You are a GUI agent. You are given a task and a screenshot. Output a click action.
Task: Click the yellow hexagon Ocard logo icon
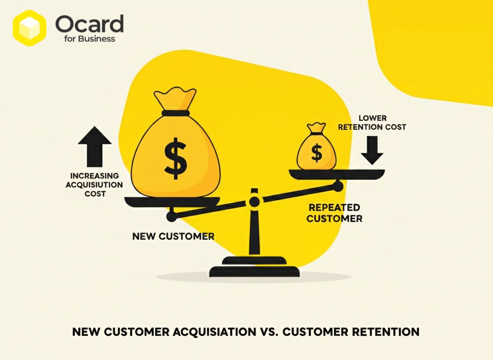[x=30, y=28]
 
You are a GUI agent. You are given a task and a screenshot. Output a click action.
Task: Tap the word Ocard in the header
[x=89, y=24]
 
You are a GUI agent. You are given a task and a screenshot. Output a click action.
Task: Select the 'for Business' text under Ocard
[x=89, y=39]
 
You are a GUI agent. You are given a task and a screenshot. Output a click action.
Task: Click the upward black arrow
[x=95, y=147]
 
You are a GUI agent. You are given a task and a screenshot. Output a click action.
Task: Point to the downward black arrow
[x=372, y=150]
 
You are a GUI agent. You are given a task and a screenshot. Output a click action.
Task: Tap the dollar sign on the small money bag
[x=316, y=152]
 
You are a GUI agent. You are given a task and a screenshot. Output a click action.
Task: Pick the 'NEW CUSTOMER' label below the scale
[x=173, y=236]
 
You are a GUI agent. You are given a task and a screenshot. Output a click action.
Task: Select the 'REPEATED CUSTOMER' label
[x=334, y=213]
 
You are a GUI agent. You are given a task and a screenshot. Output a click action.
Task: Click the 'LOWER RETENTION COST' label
[x=372, y=123]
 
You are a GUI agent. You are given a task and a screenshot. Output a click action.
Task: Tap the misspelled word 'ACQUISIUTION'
[x=95, y=185]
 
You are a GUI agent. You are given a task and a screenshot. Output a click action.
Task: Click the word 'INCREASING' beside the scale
[x=95, y=175]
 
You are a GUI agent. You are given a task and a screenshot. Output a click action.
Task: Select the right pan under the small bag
[x=337, y=174]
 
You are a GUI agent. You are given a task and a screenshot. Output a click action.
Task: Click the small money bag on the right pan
[x=316, y=147]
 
